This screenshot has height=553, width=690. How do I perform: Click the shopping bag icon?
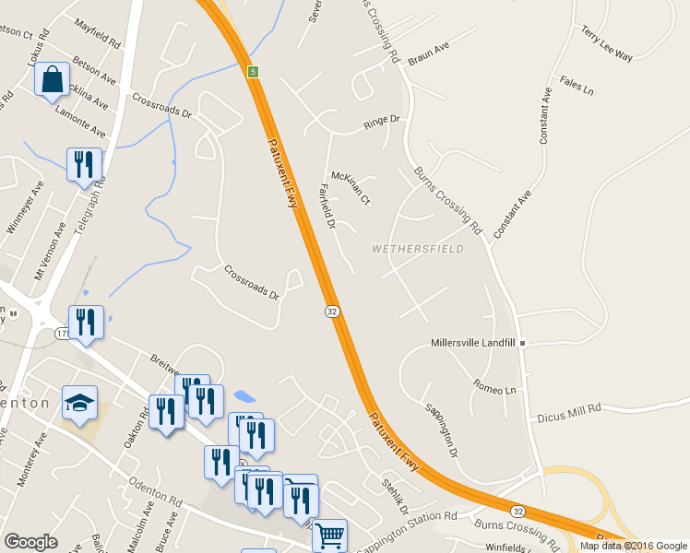[x=53, y=80]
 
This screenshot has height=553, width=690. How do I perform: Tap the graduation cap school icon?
[x=79, y=403]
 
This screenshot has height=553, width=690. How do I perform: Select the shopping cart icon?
[x=329, y=535]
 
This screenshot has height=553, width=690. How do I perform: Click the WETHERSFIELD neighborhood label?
[x=418, y=249]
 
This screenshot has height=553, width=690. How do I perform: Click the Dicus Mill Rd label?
[x=569, y=412]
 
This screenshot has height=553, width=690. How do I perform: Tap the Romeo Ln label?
[x=494, y=386]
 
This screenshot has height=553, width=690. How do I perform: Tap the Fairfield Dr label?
[x=325, y=206]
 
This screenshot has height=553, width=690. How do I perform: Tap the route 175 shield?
[x=63, y=333]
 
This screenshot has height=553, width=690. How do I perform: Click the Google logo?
[x=30, y=542]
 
